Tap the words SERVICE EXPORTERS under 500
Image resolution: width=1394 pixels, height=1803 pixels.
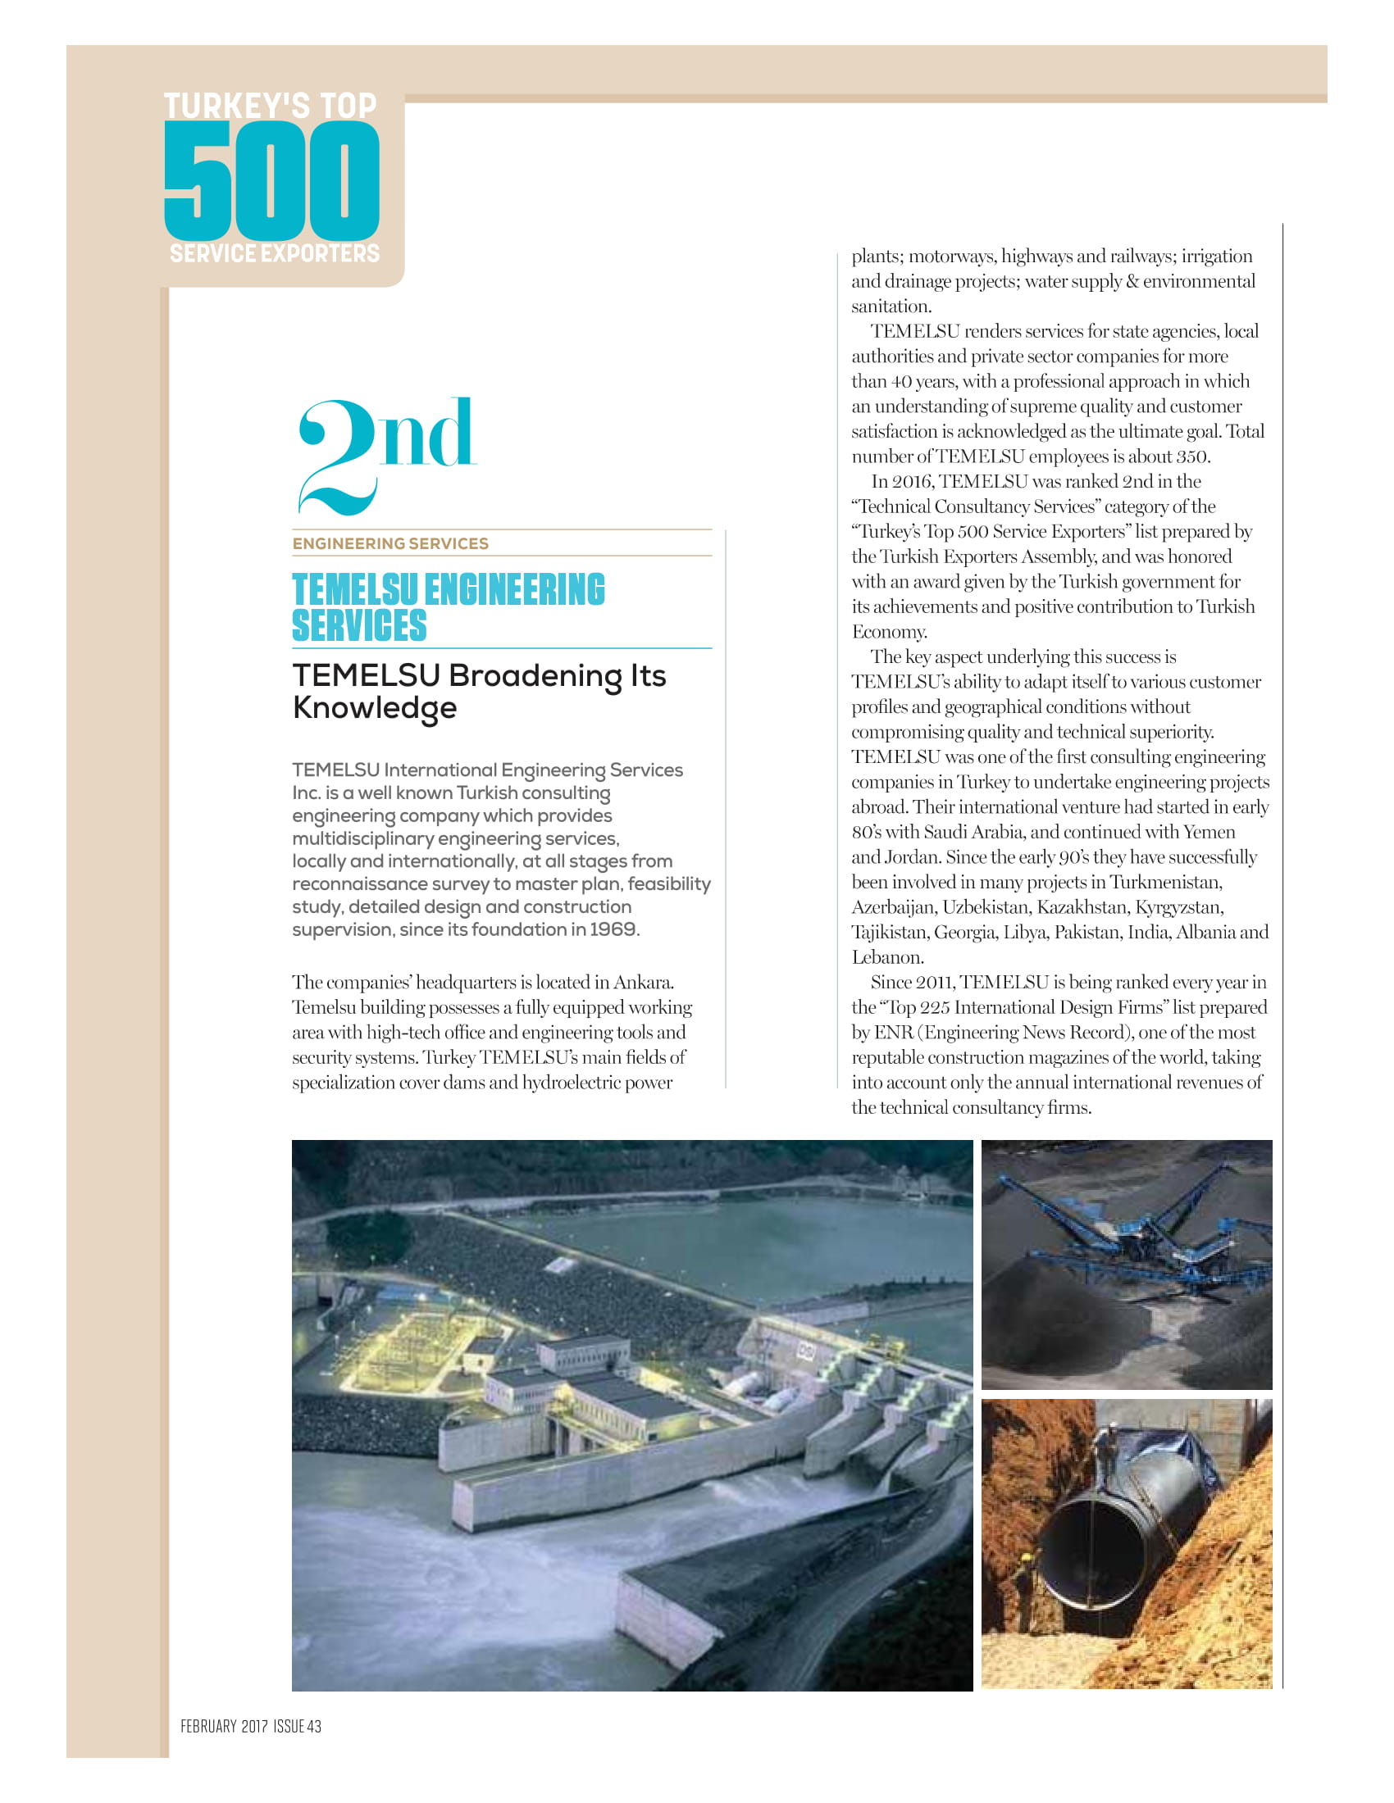pyautogui.click(x=274, y=253)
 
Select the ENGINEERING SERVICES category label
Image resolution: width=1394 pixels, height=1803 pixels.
pyautogui.click(x=389, y=543)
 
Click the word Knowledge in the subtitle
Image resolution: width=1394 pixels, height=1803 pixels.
pyautogui.click(x=374, y=708)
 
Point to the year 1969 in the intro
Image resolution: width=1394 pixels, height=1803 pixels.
pyautogui.click(x=613, y=929)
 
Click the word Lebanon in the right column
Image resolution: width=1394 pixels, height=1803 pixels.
pyautogui.click(x=887, y=957)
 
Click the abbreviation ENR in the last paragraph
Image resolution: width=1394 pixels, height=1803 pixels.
pyautogui.click(x=893, y=1033)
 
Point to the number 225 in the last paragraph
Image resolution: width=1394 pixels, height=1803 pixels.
pyautogui.click(x=935, y=1008)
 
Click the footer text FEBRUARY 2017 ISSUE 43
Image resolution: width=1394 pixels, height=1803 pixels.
pyautogui.click(x=251, y=1726)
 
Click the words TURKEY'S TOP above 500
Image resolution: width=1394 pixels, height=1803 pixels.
pyautogui.click(x=270, y=106)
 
